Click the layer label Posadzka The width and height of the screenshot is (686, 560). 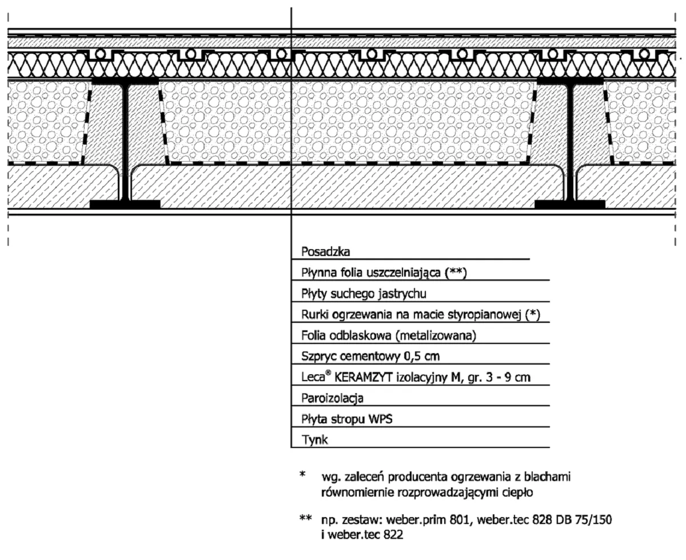click(326, 251)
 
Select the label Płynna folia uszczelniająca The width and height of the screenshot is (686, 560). click(373, 273)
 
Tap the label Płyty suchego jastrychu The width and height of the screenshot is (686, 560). click(364, 294)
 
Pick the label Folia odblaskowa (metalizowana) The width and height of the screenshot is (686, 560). click(389, 335)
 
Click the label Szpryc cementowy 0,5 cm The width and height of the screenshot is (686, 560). click(370, 357)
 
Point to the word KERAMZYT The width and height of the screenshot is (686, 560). click(364, 377)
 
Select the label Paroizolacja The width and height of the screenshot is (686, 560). click(332, 398)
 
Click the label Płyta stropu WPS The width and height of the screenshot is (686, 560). click(347, 419)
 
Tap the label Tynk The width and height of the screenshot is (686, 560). click(314, 440)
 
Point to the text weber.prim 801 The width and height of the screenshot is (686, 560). click(428, 519)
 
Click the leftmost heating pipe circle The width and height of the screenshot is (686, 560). click(101, 54)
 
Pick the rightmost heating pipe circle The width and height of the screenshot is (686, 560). click(644, 54)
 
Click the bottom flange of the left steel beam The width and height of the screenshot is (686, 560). click(125, 204)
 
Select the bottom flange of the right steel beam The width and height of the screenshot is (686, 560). click(570, 204)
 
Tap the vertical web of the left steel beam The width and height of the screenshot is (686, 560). click(125, 142)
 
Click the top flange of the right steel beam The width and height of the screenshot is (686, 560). click(570, 81)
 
